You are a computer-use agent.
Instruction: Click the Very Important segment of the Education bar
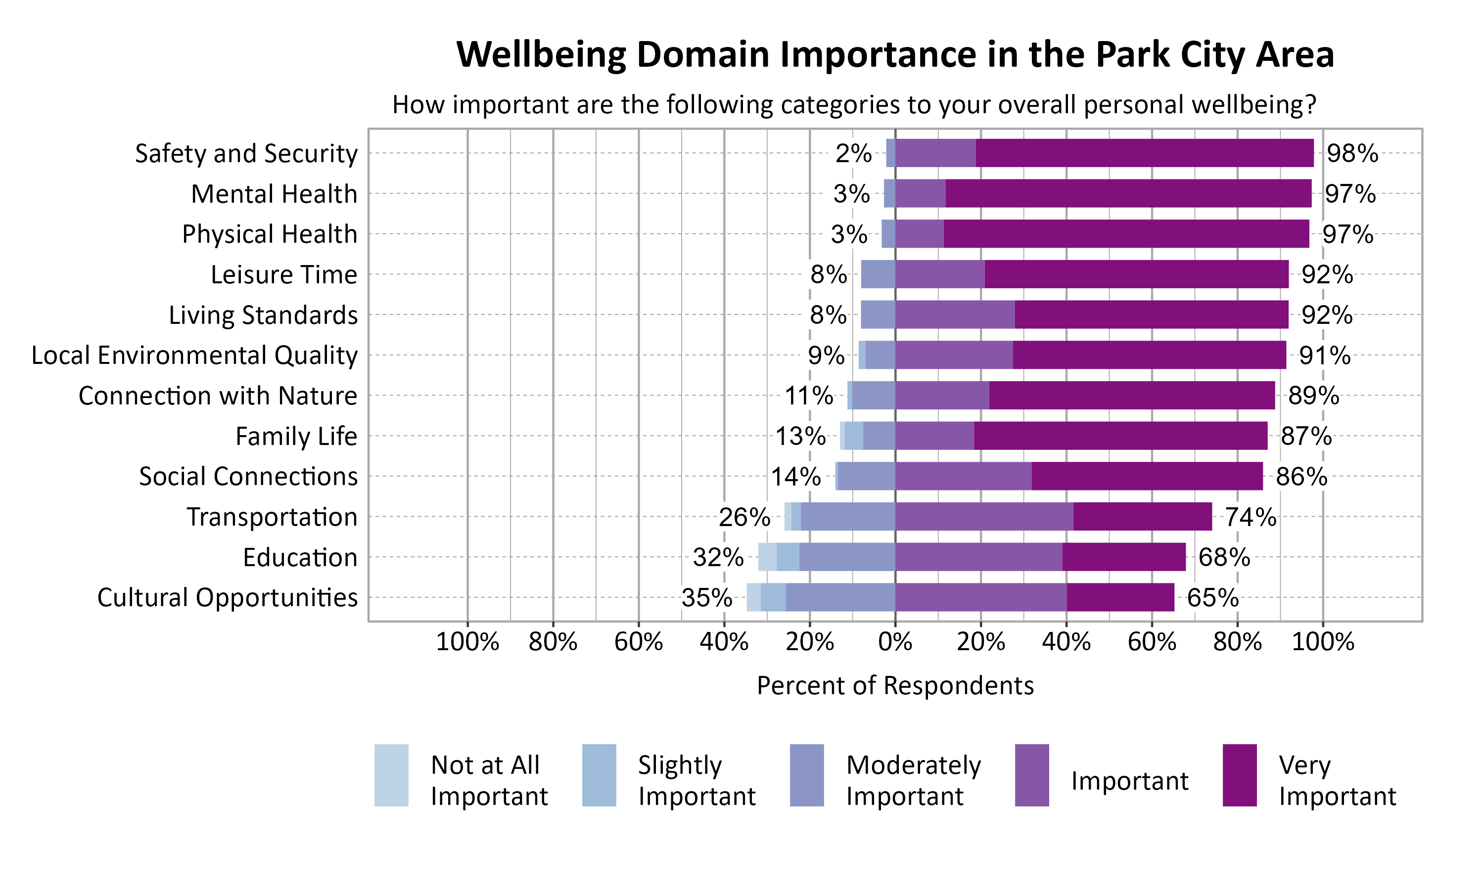pos(1123,557)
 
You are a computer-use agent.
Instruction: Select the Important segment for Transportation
pos(984,516)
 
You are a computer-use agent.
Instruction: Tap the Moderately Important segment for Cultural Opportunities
pos(840,597)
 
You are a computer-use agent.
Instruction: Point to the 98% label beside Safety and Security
pos(1352,154)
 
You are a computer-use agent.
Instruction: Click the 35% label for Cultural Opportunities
pos(706,598)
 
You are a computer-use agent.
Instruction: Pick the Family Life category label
pos(296,437)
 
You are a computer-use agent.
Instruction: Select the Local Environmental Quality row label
pos(194,356)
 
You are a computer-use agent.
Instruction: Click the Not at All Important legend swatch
pos(391,775)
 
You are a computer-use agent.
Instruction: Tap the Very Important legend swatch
pos(1239,775)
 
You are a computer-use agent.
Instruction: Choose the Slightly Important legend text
pos(696,780)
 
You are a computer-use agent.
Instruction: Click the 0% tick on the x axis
pos(895,642)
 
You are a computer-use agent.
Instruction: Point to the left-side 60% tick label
pos(638,642)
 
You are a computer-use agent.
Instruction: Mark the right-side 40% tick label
pos(1066,642)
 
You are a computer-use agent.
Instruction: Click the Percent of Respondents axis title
pos(895,685)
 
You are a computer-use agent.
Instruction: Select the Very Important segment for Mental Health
pos(1128,194)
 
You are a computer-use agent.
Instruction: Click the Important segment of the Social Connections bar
pos(963,476)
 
